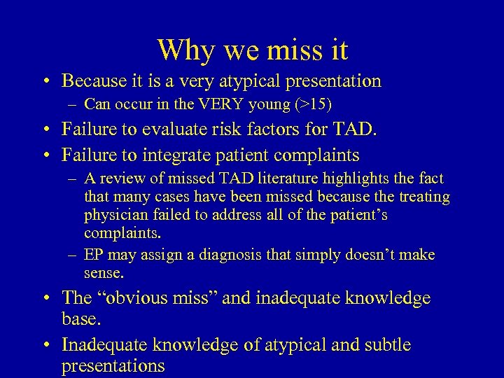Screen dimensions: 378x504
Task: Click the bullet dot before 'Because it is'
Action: [x=45, y=81]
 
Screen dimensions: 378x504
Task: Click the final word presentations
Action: [x=113, y=365]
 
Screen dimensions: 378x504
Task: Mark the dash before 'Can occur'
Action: [x=73, y=105]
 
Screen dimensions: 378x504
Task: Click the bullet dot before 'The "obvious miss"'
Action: [x=45, y=298]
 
